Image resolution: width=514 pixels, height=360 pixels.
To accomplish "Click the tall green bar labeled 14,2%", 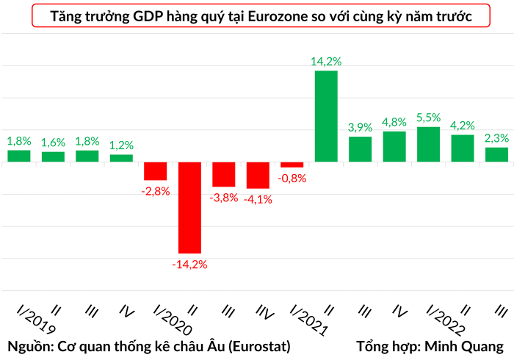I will click(326, 116).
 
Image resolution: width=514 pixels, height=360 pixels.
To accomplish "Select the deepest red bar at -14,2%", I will click(189, 207).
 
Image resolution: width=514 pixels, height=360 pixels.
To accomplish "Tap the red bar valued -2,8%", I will click(156, 170).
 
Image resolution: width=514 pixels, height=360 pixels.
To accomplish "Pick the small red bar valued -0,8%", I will click(292, 165).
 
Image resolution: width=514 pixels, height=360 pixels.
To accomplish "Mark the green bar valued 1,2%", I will click(121, 158).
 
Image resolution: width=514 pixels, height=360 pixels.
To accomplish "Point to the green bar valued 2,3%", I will click(496, 154).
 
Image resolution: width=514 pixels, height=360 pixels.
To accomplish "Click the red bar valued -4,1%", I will click(258, 175).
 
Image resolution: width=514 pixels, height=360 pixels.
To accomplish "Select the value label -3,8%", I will click(223, 198).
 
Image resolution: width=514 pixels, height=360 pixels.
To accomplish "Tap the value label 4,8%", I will click(394, 122).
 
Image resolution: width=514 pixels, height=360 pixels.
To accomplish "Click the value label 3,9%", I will click(360, 127).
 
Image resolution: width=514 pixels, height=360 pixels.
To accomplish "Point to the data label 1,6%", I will click(53, 142).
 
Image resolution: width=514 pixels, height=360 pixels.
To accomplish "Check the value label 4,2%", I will click(463, 125).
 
